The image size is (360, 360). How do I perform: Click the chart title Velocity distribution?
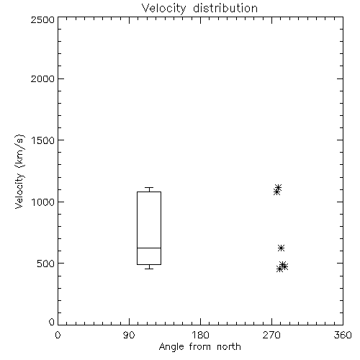[199, 9]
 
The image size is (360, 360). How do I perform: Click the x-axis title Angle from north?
[199, 347]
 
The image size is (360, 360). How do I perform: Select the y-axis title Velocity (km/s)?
[19, 171]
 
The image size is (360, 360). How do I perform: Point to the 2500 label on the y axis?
[42, 19]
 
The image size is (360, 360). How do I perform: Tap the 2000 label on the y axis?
[42, 78]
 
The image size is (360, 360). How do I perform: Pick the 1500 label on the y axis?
[43, 140]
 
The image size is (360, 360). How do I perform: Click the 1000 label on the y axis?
[43, 202]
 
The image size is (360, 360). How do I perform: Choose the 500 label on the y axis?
[46, 264]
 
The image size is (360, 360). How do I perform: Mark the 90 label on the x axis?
[129, 335]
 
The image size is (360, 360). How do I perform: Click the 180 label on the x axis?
[200, 335]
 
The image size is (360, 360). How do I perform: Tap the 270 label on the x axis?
[271, 335]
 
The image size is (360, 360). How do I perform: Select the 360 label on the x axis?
[343, 335]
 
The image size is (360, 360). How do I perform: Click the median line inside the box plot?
[149, 248]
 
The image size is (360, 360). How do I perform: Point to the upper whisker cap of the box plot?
[149, 187]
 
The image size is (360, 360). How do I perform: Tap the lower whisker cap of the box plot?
[149, 269]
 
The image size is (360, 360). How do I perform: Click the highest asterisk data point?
[279, 187]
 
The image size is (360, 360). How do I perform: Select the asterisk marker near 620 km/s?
[281, 248]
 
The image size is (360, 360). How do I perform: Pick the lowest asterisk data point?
[279, 269]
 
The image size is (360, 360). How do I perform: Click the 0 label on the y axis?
[52, 322]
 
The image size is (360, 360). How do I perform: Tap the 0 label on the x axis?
[58, 335]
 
